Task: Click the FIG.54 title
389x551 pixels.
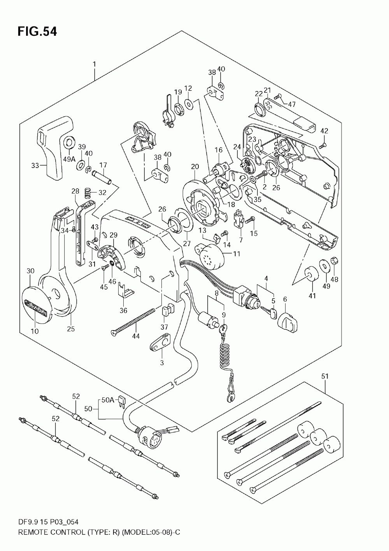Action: click(37, 32)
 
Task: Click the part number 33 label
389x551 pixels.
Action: click(35, 166)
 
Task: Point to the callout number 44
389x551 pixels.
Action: click(136, 336)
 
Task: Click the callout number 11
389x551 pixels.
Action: click(237, 254)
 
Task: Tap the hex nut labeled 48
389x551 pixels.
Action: click(335, 261)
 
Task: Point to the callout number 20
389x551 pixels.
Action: click(195, 166)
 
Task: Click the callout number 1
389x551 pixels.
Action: click(94, 65)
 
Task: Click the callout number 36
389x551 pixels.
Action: click(123, 311)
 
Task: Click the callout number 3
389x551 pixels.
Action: click(162, 362)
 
